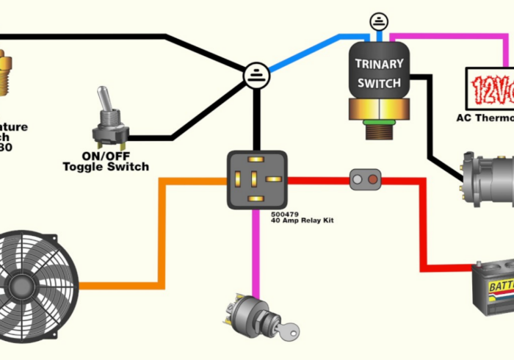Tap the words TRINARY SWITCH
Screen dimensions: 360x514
coord(379,73)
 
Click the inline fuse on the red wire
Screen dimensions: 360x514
coord(365,179)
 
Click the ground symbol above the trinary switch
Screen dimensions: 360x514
coord(380,21)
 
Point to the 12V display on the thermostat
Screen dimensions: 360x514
coord(491,89)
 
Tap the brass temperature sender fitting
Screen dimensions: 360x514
coord(5,73)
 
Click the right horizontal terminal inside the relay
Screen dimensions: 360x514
coord(273,179)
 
